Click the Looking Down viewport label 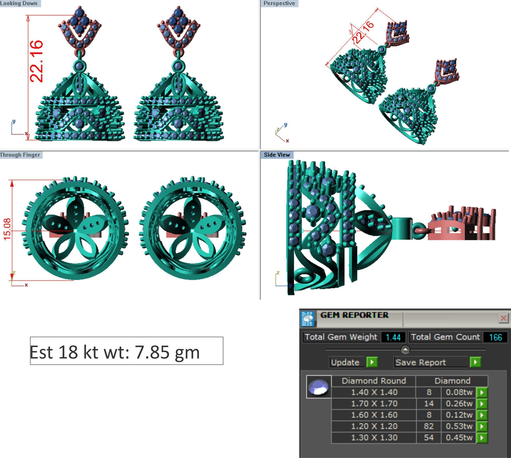[x=19, y=3]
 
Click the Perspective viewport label [x=279, y=3]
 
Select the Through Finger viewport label [x=20, y=155]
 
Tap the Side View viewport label [x=277, y=155]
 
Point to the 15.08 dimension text [x=7, y=229]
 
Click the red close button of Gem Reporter [x=503, y=318]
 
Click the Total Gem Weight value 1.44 [x=393, y=337]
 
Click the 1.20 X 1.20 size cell [x=374, y=426]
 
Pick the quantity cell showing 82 [x=428, y=426]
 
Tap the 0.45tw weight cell [x=459, y=437]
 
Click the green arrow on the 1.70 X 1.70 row [x=482, y=404]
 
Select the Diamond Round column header [x=374, y=381]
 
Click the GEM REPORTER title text [x=354, y=315]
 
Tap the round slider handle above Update [x=405, y=349]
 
